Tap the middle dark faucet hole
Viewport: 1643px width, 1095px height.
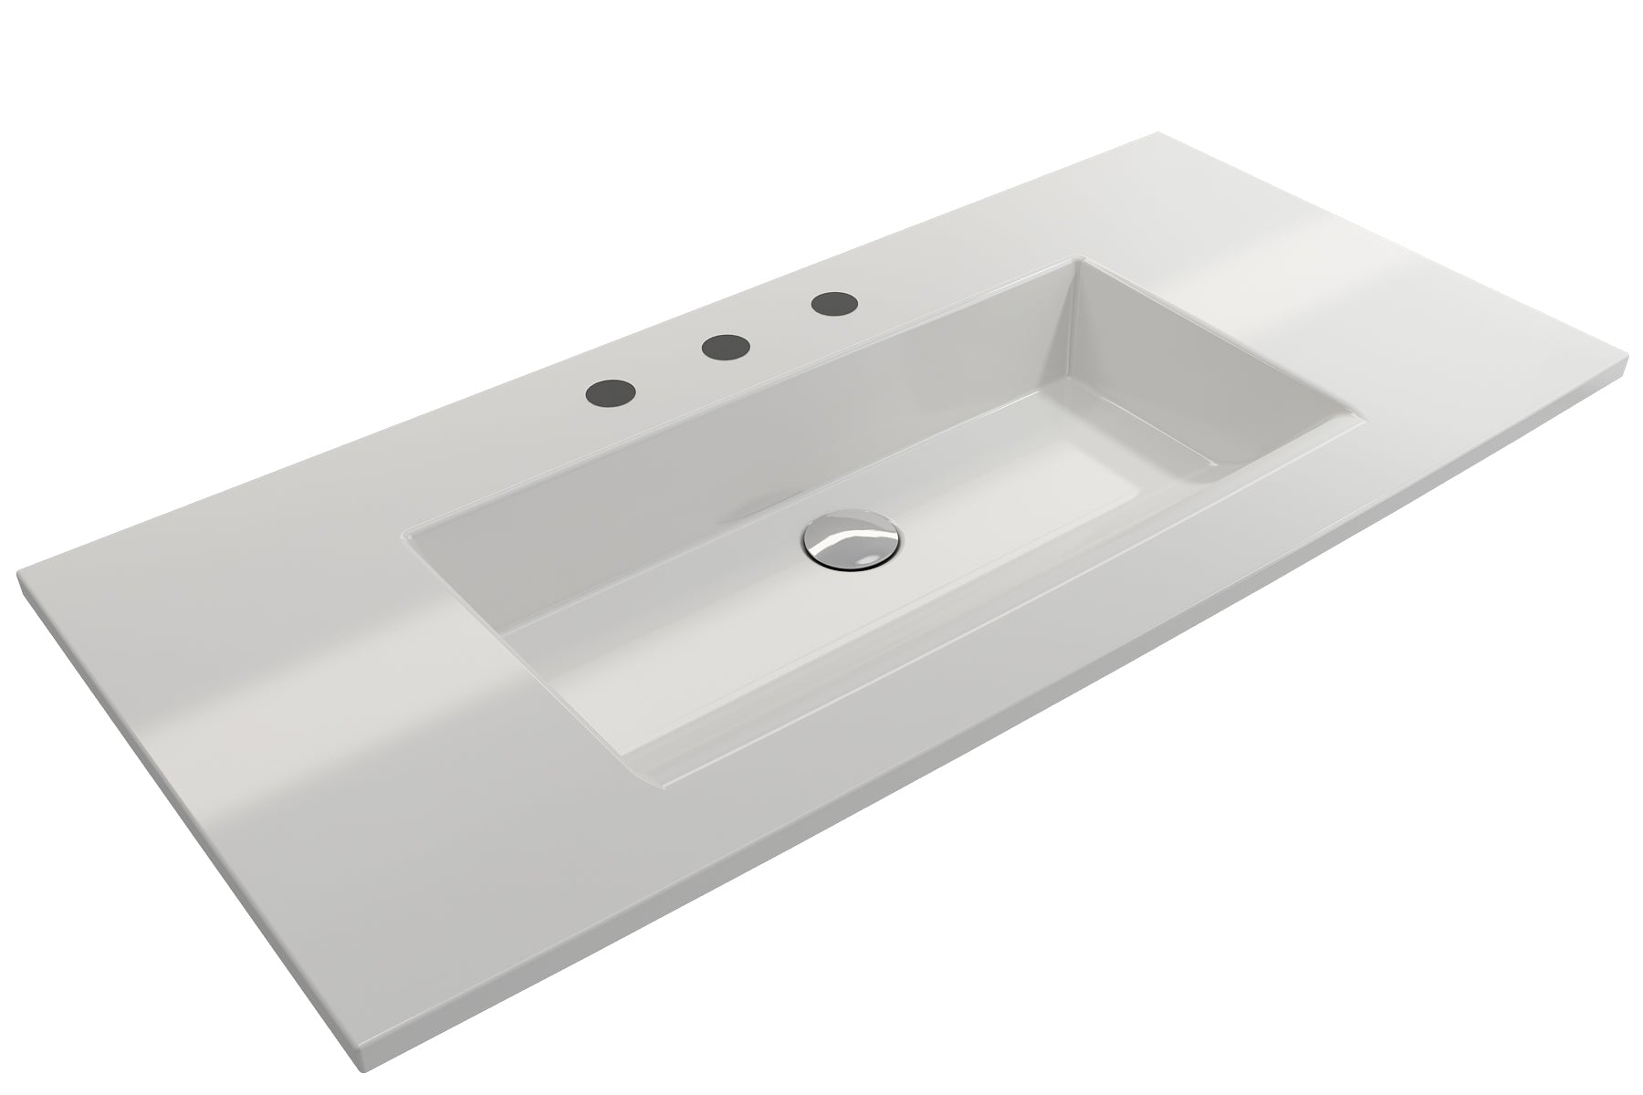coord(726,346)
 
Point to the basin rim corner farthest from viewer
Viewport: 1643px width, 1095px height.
coord(1083,257)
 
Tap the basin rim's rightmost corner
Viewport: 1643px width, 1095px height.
coord(1366,422)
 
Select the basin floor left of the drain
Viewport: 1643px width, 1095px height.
coord(694,584)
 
